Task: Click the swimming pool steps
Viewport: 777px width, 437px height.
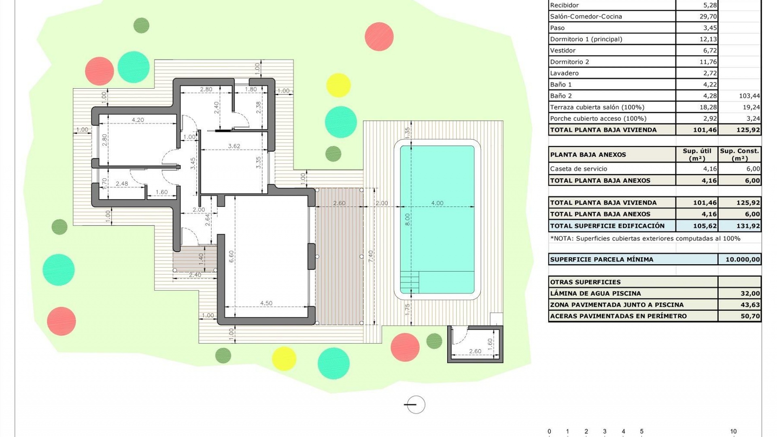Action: [x=410, y=281]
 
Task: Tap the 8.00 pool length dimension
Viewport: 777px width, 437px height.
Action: [x=408, y=219]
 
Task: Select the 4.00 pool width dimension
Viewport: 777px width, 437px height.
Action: [x=437, y=203]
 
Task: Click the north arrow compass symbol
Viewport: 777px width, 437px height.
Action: [x=416, y=405]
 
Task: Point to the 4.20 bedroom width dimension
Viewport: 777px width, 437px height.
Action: [x=138, y=120]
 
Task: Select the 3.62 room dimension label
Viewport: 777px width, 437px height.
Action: [x=234, y=146]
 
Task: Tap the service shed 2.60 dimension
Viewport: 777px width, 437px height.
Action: [x=475, y=351]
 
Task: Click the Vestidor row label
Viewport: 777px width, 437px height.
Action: [x=563, y=51]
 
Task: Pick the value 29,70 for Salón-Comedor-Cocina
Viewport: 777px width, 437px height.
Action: [x=708, y=17]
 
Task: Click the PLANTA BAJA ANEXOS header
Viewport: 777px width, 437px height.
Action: [x=588, y=155]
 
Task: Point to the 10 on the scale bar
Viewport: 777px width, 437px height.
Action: [x=733, y=431]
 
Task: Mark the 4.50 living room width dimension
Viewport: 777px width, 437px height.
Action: [x=266, y=303]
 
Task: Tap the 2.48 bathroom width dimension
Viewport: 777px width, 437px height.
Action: [x=122, y=184]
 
